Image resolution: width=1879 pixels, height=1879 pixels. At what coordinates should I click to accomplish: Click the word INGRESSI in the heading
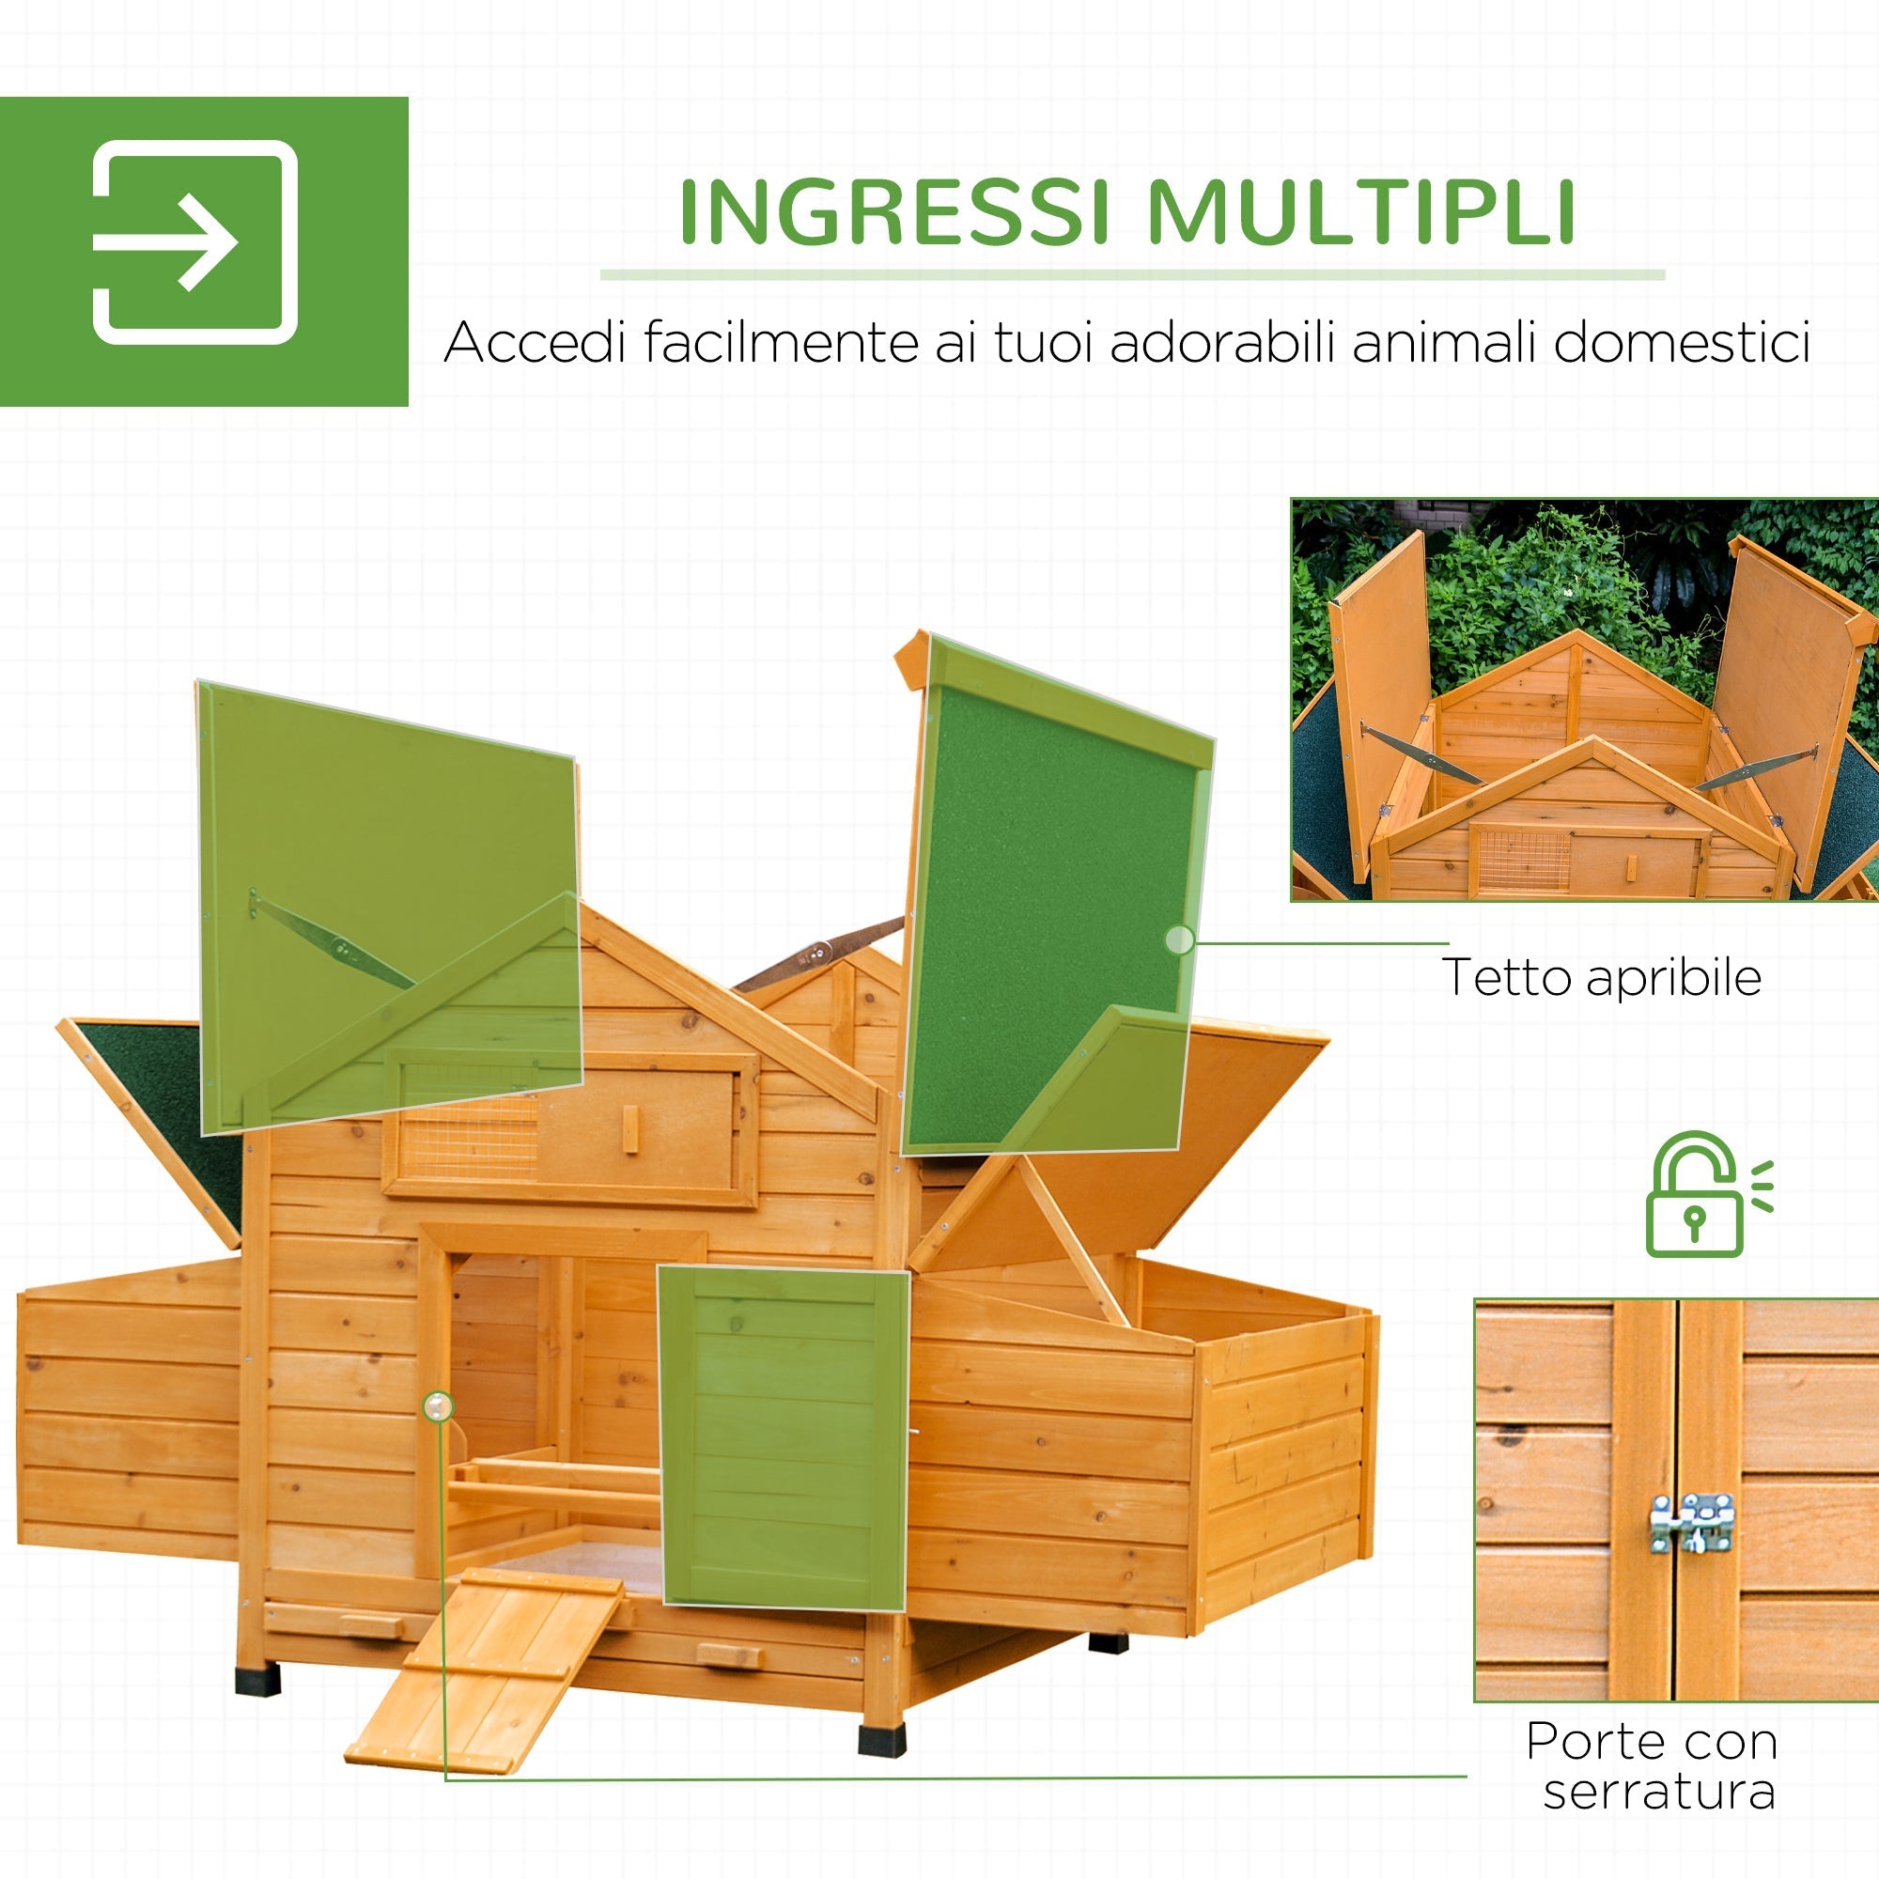pos(893,212)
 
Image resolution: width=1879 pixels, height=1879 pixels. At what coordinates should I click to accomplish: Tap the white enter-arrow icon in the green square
pos(194,242)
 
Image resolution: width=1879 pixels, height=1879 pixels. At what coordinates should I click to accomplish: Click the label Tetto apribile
pos(1601,977)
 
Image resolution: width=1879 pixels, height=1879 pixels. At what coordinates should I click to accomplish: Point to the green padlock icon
pos(1693,1195)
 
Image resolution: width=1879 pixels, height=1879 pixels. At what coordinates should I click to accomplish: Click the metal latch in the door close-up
pos(1692,1522)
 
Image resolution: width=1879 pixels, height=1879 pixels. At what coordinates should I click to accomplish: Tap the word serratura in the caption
pos(1659,1791)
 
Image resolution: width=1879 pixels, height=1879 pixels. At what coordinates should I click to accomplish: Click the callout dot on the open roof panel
pos(1179,939)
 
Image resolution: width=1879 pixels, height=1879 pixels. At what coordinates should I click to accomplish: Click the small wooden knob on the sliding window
pos(630,1129)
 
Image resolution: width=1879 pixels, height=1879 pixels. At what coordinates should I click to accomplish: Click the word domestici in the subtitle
pos(1681,343)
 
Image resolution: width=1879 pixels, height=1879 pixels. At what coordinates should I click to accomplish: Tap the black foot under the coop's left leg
pos(257,1678)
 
